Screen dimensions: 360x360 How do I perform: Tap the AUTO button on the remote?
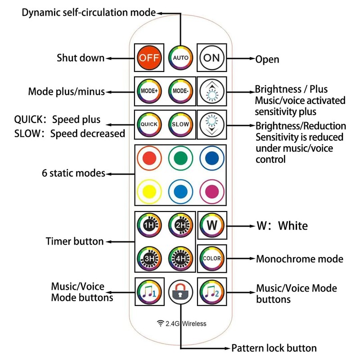coord(180,58)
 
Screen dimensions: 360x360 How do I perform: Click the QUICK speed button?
coord(148,124)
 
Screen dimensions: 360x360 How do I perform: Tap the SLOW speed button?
coord(180,124)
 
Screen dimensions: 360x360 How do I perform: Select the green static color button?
coord(180,158)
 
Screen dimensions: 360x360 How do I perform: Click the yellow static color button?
coord(148,191)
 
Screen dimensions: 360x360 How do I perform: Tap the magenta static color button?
coord(211,191)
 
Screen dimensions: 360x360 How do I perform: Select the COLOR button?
coord(211,259)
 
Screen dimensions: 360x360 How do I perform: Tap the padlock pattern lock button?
coord(180,292)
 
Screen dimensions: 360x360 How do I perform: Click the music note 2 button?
coord(211,291)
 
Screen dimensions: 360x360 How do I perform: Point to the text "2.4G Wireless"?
coord(181,323)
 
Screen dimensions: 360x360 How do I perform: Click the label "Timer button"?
coord(74,241)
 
